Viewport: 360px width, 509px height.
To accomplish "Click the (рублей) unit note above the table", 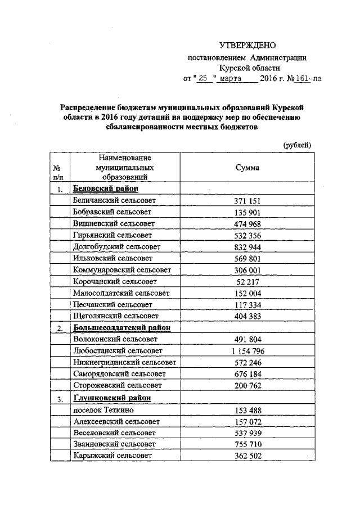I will point(296,145).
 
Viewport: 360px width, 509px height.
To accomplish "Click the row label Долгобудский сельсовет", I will point(117,246).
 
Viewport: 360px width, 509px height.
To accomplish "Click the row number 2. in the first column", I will point(58,328).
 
